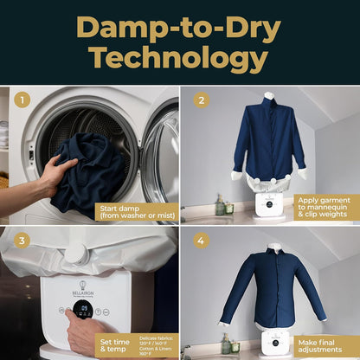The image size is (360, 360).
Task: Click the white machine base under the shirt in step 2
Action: point(271,204)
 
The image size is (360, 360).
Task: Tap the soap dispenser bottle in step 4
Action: point(227,346)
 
